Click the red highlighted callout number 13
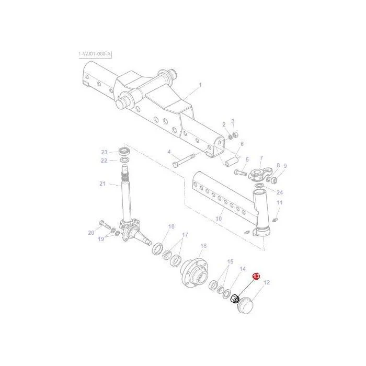coord(256,276)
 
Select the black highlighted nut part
coord(235,299)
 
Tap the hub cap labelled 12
coord(245,305)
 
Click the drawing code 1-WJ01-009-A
coord(95,54)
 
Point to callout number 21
coord(102,184)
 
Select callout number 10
coord(219,219)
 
